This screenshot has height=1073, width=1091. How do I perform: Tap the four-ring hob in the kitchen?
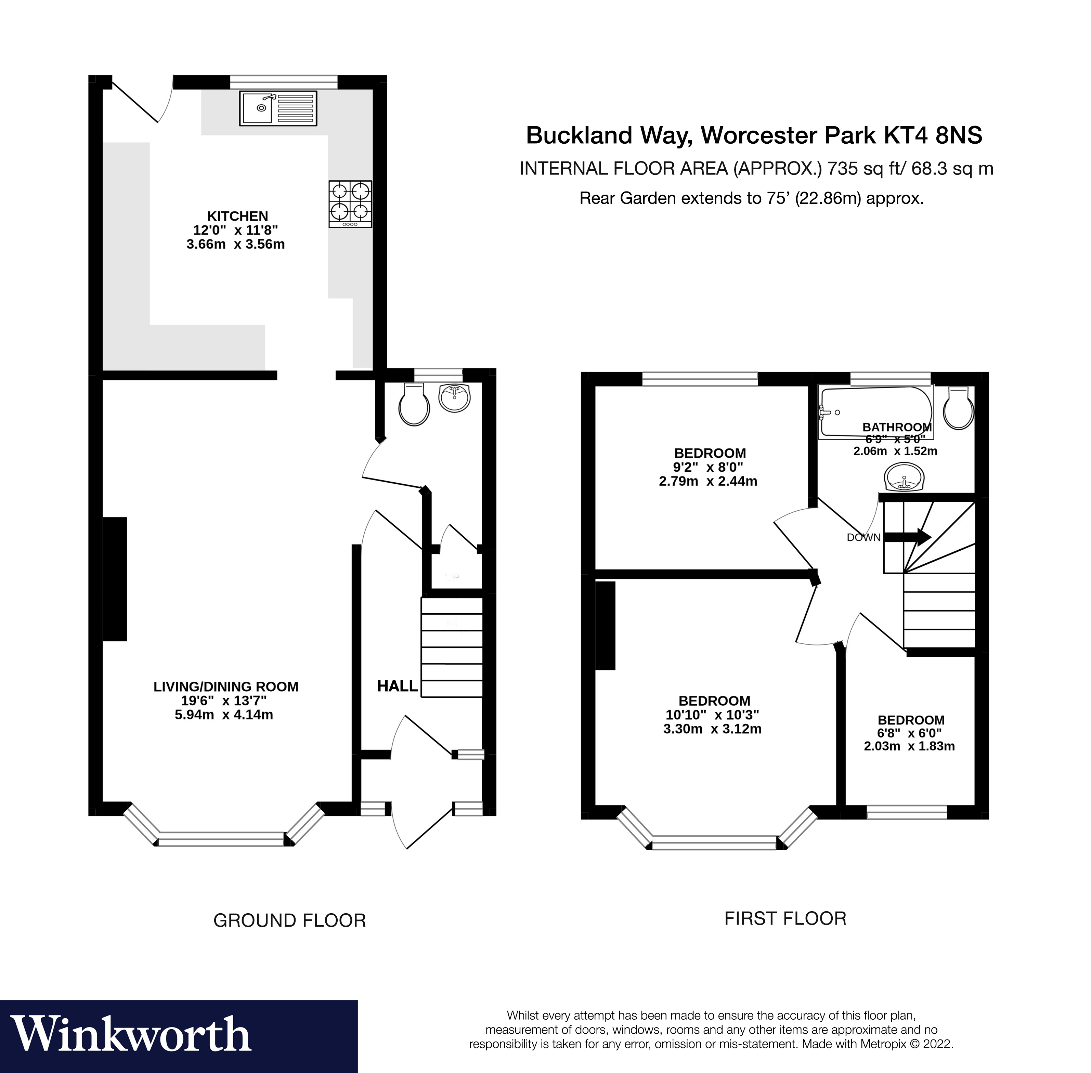click(x=350, y=204)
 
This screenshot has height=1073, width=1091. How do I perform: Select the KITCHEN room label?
click(x=237, y=216)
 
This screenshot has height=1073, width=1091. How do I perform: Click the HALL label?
click(x=397, y=686)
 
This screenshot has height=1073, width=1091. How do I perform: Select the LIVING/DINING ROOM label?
click(x=225, y=686)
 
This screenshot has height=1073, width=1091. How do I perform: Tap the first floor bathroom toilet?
click(x=959, y=408)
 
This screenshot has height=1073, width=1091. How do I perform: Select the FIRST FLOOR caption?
click(x=785, y=919)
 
